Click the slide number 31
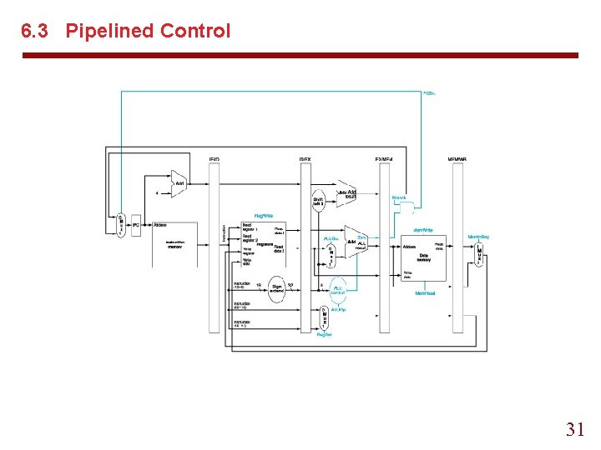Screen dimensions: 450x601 tap(575, 429)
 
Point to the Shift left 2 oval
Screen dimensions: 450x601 tap(318, 202)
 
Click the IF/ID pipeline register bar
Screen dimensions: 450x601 tap(215, 247)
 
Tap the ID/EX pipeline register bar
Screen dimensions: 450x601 tap(305, 247)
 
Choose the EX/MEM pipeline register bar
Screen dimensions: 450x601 tap(384, 247)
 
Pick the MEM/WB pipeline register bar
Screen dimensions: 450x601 tap(457, 247)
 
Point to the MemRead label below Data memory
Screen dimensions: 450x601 tap(426, 292)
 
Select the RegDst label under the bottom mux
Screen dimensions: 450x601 tap(324, 333)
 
